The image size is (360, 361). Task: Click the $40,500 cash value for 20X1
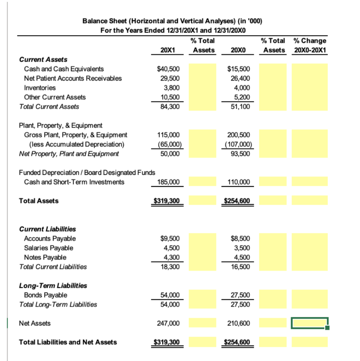click(168, 69)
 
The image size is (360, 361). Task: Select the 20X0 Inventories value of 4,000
click(242, 87)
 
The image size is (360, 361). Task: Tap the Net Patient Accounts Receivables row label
click(73, 78)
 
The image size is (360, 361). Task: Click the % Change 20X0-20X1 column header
click(310, 45)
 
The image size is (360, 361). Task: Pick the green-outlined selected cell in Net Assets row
click(310, 323)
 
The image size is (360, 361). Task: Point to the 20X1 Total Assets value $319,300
click(167, 201)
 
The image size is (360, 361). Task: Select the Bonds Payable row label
click(46, 295)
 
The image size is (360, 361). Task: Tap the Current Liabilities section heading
click(47, 229)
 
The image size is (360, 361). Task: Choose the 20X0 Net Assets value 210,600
click(240, 323)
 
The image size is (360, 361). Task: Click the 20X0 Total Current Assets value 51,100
click(241, 106)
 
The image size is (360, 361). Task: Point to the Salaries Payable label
click(49, 248)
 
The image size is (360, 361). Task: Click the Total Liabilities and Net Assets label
click(68, 342)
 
